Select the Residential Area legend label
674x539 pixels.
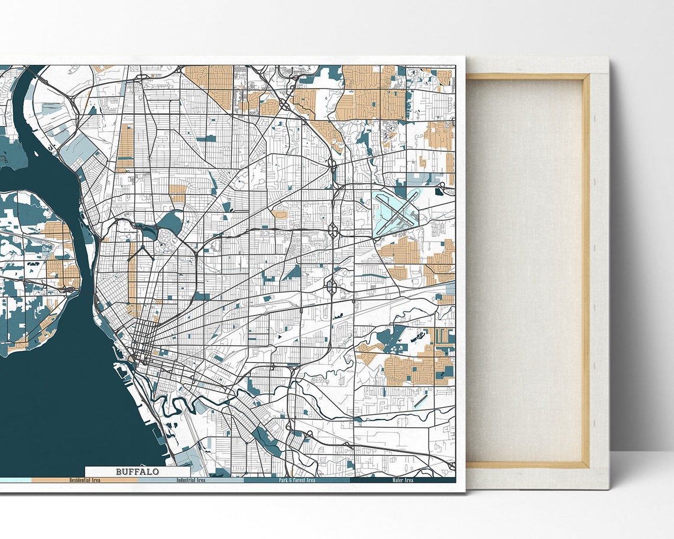pos(85,480)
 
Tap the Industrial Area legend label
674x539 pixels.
pos(191,480)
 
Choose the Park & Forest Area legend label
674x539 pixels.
pos(297,480)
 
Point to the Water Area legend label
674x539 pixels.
pos(403,480)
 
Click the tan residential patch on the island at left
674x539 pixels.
pos(56,269)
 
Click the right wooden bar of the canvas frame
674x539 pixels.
pos(586,266)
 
